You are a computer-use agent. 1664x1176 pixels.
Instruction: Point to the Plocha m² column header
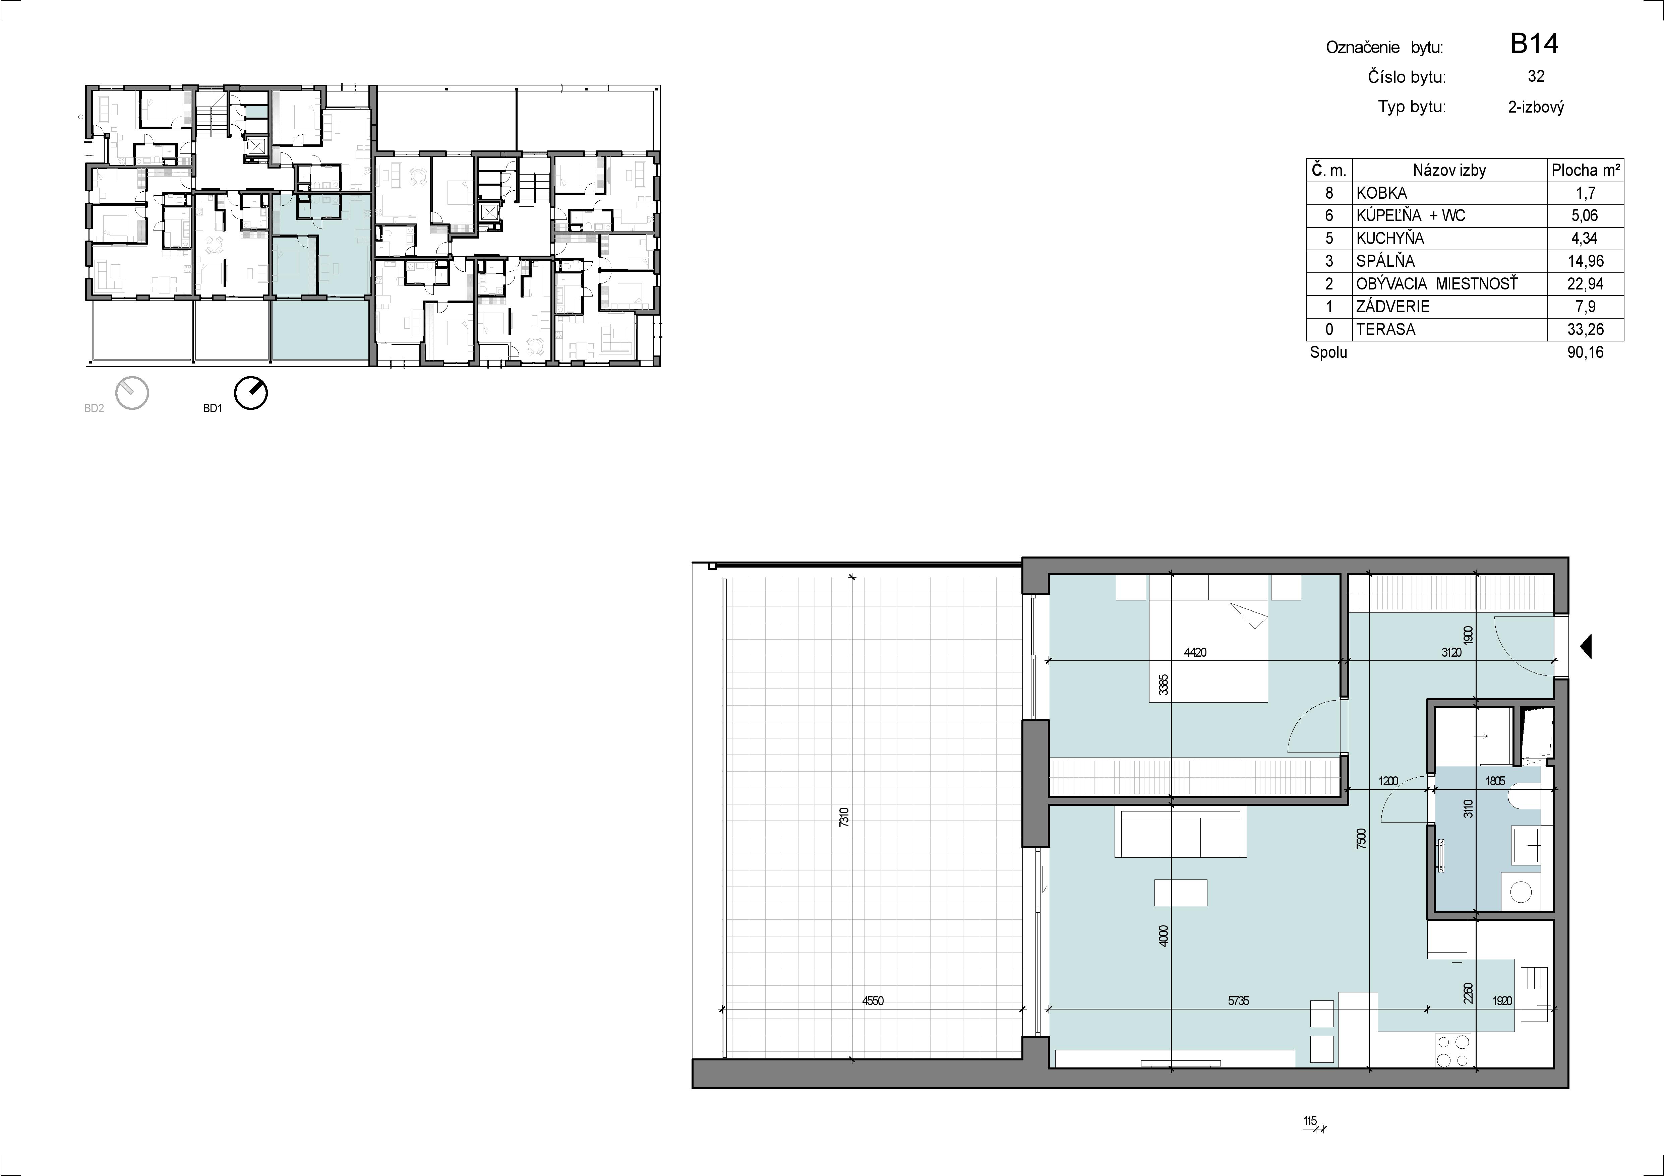click(x=1585, y=170)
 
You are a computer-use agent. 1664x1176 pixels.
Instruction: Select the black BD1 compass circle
click(x=251, y=393)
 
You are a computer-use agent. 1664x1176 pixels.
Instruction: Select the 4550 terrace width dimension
click(x=873, y=1001)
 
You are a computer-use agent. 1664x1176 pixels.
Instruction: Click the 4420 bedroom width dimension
click(x=1195, y=652)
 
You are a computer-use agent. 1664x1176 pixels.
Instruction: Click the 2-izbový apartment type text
click(x=1536, y=107)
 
